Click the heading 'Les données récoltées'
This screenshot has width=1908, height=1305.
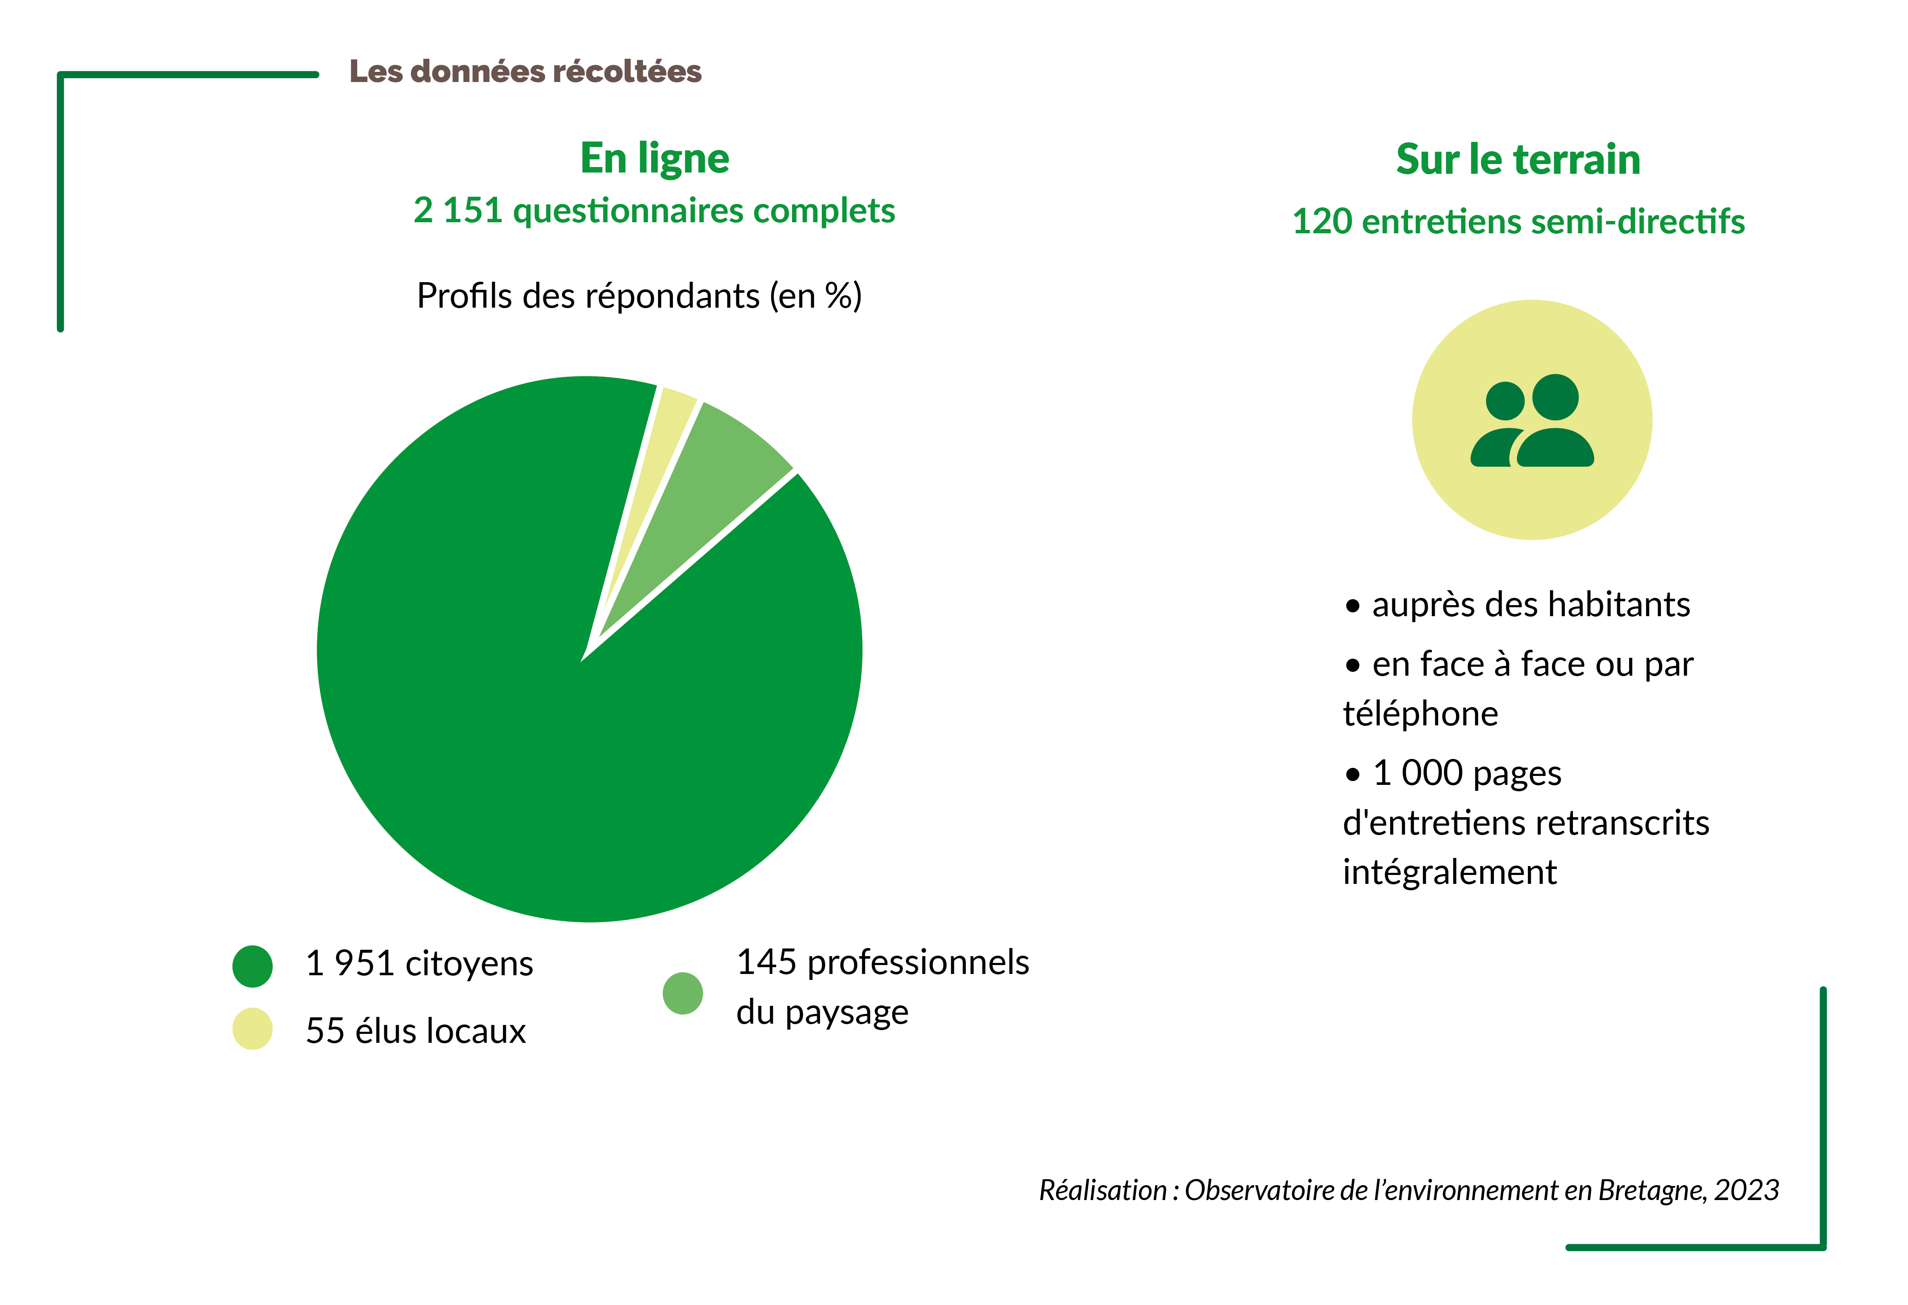[525, 71]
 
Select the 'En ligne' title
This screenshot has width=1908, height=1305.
[654, 159]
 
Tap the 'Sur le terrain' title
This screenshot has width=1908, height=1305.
[1518, 159]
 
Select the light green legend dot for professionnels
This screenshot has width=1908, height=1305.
[682, 993]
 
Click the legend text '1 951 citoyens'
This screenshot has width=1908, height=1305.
[419, 964]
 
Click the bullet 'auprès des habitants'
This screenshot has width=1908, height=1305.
[1530, 605]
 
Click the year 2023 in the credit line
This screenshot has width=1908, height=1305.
[1746, 1190]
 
